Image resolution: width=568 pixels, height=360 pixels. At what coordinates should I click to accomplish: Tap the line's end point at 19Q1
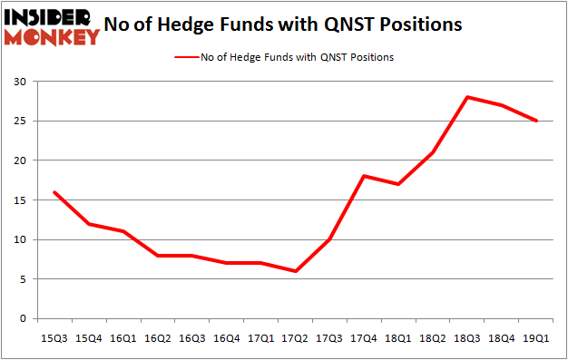pyautogui.click(x=537, y=121)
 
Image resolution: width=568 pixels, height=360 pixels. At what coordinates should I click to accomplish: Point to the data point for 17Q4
pyautogui.click(x=363, y=176)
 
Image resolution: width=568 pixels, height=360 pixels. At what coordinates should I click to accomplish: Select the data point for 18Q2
pyautogui.click(x=433, y=152)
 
